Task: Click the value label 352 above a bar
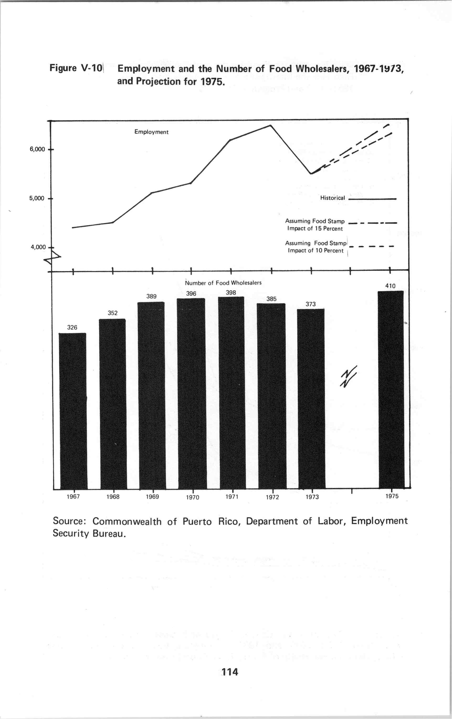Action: pos(113,313)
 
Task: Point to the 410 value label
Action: pos(390,286)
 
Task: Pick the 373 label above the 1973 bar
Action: pos(311,304)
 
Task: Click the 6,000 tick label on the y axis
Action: pos(37,149)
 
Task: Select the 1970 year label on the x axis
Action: pos(193,497)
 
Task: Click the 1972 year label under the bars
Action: pos(272,497)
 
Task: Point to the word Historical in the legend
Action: pos(332,198)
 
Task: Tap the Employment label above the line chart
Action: pos(151,132)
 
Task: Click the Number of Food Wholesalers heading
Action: pos(223,283)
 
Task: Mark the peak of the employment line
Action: pos(270,125)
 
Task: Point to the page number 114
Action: pos(230,672)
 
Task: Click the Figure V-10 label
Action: pos(76,68)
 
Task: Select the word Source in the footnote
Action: pos(70,521)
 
